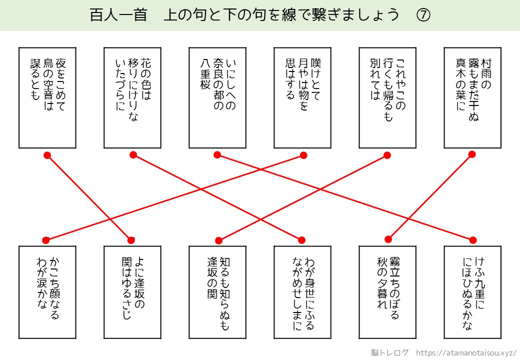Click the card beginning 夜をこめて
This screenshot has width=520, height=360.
47,97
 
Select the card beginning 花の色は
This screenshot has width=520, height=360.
132,97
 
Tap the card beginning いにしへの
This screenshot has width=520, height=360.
217,97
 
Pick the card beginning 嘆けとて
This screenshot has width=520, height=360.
302,97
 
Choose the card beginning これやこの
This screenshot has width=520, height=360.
387,97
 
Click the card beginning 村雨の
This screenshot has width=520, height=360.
472,97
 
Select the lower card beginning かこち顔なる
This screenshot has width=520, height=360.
47,292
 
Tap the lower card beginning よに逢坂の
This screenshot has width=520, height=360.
132,292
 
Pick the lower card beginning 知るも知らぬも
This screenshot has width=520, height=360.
217,292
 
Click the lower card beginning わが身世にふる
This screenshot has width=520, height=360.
302,292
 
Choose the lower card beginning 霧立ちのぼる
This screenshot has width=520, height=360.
387,292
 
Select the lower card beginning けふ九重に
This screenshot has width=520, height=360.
472,292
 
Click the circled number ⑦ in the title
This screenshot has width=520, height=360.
423,15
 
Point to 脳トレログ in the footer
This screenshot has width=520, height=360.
390,352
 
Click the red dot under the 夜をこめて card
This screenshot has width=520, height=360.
47,155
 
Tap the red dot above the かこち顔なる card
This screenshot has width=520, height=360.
45,240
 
